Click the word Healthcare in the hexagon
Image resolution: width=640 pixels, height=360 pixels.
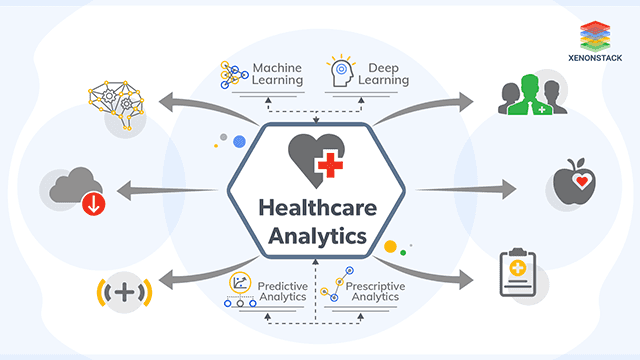click(x=318, y=209)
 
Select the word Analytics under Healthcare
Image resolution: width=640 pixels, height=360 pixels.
click(x=318, y=239)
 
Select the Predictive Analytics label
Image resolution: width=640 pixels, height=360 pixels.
click(x=283, y=290)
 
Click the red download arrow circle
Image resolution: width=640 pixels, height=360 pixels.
click(x=92, y=205)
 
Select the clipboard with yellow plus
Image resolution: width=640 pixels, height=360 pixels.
click(x=522, y=275)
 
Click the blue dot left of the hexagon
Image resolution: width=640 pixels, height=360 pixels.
click(x=240, y=143)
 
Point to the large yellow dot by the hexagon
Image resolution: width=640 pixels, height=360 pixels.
click(x=392, y=243)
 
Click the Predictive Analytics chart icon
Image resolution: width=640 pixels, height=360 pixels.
click(x=241, y=283)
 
